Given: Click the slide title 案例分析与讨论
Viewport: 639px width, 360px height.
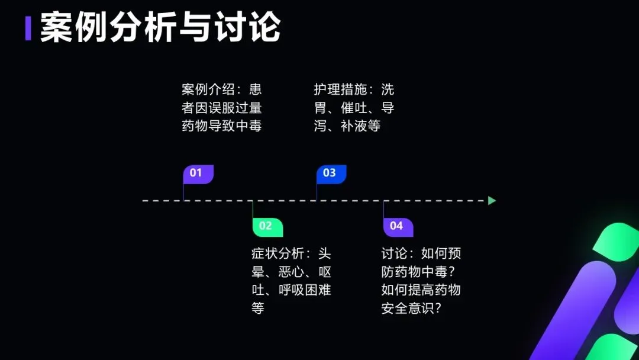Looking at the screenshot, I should [160, 27].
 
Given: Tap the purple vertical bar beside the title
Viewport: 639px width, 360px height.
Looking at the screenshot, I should [28, 28].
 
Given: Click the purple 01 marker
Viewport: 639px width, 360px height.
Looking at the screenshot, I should [198, 173].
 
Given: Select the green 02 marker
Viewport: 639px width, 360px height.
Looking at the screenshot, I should [267, 226].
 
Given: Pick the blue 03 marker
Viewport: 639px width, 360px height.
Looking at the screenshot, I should [331, 173].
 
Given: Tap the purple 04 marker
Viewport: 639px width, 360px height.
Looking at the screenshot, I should [398, 226].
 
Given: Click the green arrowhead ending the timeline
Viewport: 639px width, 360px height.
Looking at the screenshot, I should [492, 201].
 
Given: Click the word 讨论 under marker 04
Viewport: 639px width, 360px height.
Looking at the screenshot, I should [395, 254].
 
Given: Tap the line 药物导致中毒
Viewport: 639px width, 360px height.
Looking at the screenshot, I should [221, 126].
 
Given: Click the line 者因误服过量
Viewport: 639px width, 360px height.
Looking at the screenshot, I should [221, 108].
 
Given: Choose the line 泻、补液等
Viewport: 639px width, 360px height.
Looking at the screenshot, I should [347, 126].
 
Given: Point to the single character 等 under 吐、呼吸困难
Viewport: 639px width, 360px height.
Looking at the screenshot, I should [258, 308].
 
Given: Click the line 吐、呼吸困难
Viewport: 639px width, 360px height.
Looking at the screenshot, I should [291, 290].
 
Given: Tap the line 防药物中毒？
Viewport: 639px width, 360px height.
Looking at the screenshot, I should [421, 272].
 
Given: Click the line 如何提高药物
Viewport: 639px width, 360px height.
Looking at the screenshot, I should [421, 290].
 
